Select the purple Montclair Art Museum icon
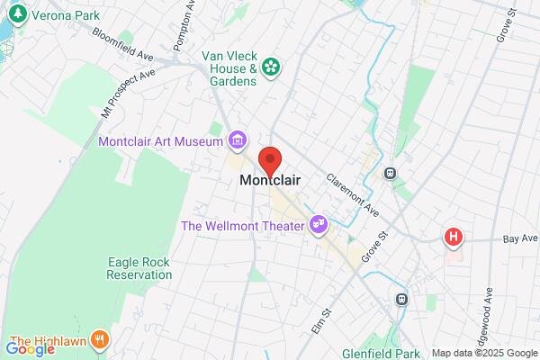coord(238,139)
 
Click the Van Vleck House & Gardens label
coord(230,67)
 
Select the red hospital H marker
coord(454,238)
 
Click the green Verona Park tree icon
coord(15,15)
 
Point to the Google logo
coord(31,348)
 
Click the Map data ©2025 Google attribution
coord(484,353)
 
